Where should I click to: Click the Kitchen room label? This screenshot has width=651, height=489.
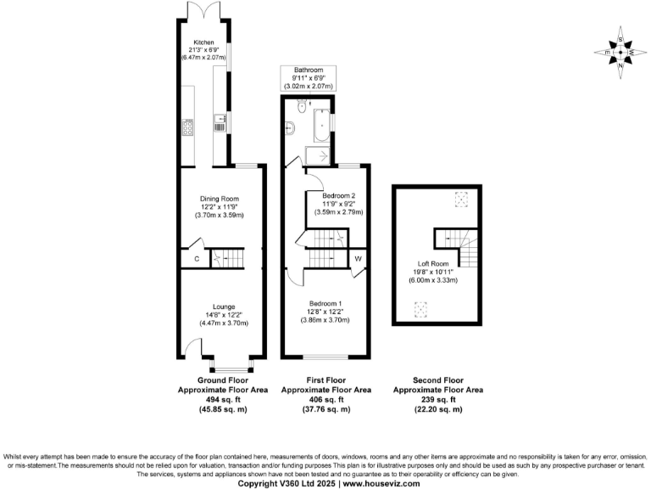coord(203,42)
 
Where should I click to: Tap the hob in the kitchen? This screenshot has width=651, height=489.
coord(188,128)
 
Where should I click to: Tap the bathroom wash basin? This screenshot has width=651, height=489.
coord(291,129)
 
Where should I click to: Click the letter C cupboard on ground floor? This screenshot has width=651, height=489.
coord(197,258)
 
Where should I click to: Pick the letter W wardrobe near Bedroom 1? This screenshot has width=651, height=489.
coord(358,258)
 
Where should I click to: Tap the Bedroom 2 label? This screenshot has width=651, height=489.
coord(339,196)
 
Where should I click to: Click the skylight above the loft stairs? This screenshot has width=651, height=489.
coord(461,200)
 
